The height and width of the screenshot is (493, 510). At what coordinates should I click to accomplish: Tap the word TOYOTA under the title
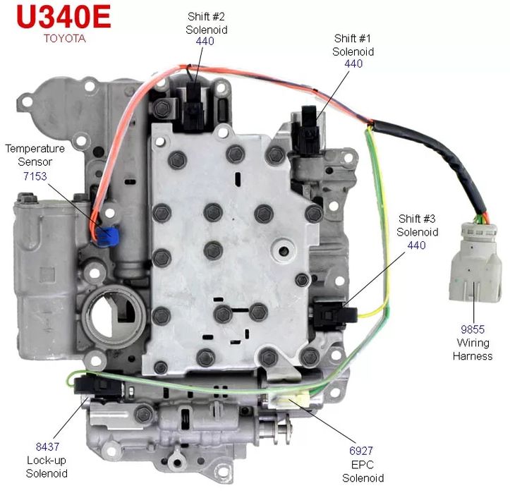point(64,39)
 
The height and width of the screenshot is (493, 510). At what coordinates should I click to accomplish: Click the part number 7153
point(34,176)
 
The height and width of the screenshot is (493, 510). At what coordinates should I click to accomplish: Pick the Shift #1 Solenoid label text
point(353,45)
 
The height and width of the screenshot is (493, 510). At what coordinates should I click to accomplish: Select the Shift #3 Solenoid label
point(418,225)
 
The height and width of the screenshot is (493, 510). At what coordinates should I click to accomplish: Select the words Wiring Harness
point(472,350)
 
